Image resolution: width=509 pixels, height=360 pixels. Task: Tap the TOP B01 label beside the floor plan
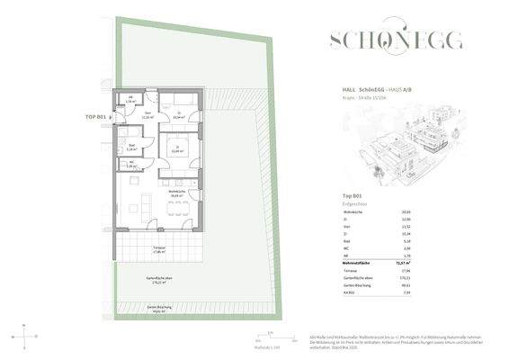pyautogui.click(x=95, y=117)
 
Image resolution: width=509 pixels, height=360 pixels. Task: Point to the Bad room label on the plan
pyautogui.click(x=130, y=148)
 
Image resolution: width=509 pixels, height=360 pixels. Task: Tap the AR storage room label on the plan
pyautogui.click(x=130, y=101)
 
